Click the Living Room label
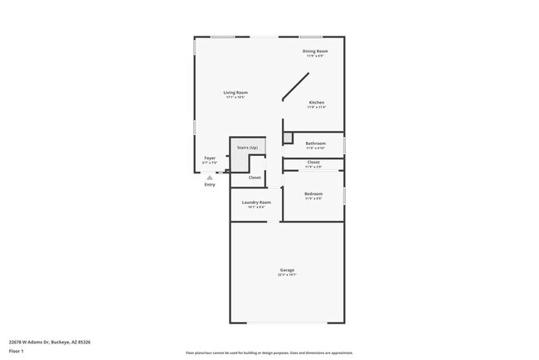point(236,92)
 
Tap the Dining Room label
point(315,51)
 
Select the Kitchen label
point(316,103)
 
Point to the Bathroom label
point(315,143)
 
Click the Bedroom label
point(313,193)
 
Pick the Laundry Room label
point(256,202)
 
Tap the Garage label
point(287,270)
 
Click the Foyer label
point(210,158)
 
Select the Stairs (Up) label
point(248,147)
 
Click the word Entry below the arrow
point(210,184)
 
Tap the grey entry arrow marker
point(210,177)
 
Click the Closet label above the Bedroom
point(313,162)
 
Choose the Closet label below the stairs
point(255,178)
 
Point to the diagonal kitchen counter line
point(296,86)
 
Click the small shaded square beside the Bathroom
point(288,138)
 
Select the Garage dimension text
point(287,274)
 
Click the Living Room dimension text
point(236,97)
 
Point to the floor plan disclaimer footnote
point(269,353)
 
